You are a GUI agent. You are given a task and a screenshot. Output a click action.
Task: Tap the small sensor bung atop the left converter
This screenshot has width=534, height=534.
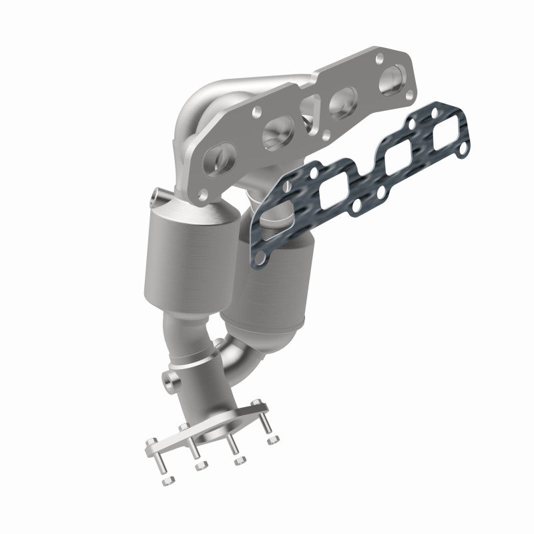pos(156,195)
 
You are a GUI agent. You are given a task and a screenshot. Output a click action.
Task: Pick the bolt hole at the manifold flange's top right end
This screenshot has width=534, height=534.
pos(379,57)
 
